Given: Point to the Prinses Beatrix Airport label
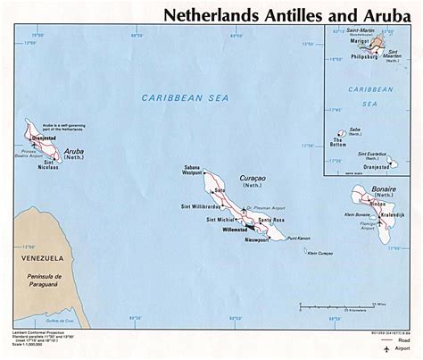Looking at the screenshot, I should pos(28,155).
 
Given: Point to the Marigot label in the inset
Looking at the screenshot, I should pos(358,40).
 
